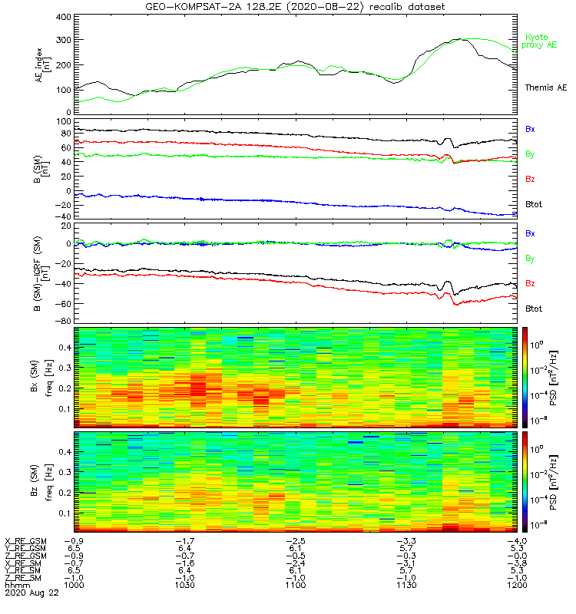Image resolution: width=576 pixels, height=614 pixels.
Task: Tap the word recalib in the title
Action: pos(392,6)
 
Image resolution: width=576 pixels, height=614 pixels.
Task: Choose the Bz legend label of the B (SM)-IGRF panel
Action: pos(530,284)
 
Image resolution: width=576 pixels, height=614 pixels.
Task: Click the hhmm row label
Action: pos(16,585)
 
